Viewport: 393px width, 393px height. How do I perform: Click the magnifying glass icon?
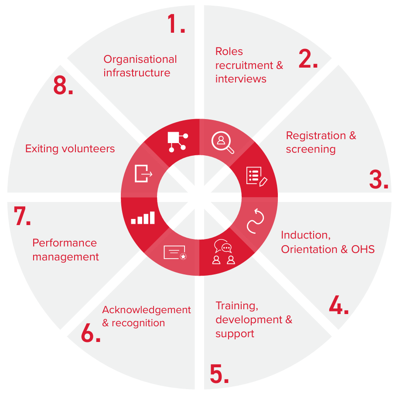tap(222, 142)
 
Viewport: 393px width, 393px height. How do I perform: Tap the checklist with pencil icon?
tap(256, 176)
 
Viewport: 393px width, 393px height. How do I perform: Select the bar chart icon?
tap(143, 218)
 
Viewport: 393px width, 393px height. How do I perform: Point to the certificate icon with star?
tap(175, 253)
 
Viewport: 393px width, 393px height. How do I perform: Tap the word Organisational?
tap(140, 59)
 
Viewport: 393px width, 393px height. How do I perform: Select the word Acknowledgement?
tap(147, 310)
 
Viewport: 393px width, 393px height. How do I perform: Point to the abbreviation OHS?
tap(363, 249)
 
